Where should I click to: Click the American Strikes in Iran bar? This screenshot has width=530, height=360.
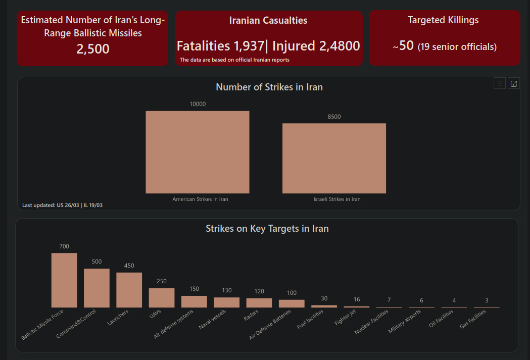[197, 152]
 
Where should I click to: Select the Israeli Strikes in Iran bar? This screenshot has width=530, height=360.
[334, 158]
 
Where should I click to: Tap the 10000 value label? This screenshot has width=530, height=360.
[198, 104]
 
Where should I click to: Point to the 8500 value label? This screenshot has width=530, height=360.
[334, 117]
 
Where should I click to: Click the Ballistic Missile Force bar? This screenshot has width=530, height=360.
[64, 280]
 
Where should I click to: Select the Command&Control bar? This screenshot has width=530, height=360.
[97, 288]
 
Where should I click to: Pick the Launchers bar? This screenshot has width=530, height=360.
[129, 290]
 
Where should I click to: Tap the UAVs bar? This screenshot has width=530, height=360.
[162, 297]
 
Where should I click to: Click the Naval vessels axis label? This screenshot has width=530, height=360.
[213, 319]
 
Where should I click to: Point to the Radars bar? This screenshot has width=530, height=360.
[259, 302]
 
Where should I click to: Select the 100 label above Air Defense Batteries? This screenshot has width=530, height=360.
[292, 293]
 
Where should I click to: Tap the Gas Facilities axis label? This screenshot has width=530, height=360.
[473, 319]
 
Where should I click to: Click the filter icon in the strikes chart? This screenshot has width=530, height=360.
[500, 84]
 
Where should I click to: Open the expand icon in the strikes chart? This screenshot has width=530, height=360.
[514, 84]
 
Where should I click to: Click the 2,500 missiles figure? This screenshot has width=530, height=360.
[93, 49]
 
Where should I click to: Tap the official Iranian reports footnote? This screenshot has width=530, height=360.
[234, 60]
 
